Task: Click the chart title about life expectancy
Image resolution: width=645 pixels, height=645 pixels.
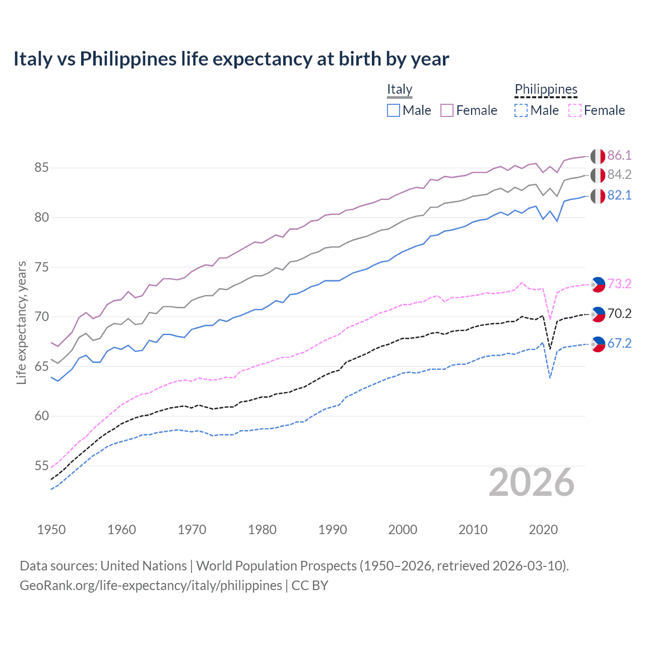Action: [x=231, y=59]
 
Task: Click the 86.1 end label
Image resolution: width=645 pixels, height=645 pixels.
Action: [x=619, y=155]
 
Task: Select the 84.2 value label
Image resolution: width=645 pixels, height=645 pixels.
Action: [x=619, y=174]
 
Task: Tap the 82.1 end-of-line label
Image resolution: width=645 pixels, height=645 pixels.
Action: [x=619, y=195]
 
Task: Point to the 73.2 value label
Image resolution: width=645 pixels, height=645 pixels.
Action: [x=619, y=284]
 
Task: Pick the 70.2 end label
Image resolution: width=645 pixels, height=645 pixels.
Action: [x=619, y=313]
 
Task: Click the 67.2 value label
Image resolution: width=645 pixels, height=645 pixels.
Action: [x=619, y=343]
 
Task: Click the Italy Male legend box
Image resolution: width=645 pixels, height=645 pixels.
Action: [x=394, y=110]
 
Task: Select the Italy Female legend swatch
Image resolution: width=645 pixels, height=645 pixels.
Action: [x=447, y=110]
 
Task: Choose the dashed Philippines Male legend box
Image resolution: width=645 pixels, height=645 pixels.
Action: [x=521, y=110]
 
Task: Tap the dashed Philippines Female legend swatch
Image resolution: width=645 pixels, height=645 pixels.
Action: [x=574, y=110]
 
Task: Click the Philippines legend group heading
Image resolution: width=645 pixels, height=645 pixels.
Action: [x=546, y=90]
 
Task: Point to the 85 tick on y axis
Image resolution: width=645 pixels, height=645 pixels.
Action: [x=41, y=167]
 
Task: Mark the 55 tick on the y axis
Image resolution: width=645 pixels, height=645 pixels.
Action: [x=41, y=466]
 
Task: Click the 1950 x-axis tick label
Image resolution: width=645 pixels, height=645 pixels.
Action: [x=51, y=530]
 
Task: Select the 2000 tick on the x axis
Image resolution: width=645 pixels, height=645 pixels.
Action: [x=403, y=530]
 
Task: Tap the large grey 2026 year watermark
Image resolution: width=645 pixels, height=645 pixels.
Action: [x=532, y=483]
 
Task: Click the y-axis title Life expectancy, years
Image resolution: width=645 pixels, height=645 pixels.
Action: [x=21, y=322]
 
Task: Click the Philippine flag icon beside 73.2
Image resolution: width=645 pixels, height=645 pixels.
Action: [x=598, y=284]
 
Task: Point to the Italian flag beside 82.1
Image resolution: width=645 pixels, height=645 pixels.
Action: [x=598, y=196]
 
